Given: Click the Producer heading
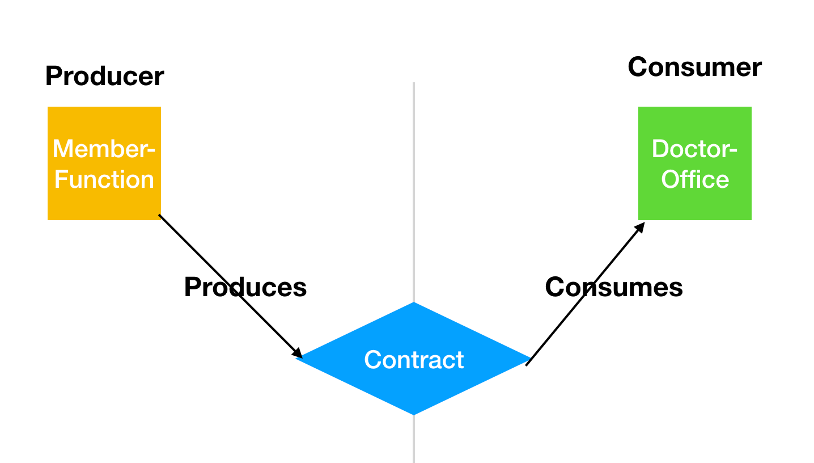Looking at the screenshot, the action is coord(105,76).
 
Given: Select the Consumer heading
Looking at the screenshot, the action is coord(695,68).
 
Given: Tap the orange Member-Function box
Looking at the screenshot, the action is coord(104,163).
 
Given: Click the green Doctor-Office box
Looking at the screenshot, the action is coord(695,163).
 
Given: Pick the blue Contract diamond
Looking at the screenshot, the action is coord(414,359).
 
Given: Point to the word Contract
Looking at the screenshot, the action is coord(414,360).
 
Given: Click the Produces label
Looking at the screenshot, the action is coord(245,287).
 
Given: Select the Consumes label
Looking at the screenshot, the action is coord(614,287).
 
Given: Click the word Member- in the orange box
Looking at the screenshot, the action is coord(104,149).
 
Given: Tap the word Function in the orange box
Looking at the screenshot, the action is coord(104,179).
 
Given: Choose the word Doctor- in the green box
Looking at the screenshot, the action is coord(694,149).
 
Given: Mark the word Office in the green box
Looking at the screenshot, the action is coord(695,179).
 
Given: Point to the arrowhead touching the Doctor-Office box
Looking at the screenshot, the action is coord(641,228).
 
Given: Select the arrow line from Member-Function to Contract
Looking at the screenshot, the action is coord(231,287).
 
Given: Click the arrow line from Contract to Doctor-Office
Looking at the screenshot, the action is coord(586,294).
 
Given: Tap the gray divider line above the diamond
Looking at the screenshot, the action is coord(414,192).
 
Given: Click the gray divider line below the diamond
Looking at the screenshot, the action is coord(414,439).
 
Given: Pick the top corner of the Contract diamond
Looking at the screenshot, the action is coord(414,302).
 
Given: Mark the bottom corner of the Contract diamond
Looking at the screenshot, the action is coord(414,415).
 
